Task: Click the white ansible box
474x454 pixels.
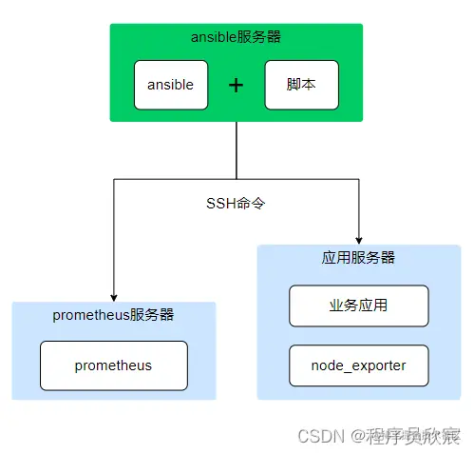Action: click(170, 85)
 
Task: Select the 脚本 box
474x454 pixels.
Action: click(300, 85)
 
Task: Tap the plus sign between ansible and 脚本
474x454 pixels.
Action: click(236, 85)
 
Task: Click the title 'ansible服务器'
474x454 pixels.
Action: click(236, 37)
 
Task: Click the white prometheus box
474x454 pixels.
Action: click(113, 365)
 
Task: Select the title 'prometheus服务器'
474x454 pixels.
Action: click(113, 315)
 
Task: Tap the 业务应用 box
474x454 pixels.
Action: click(358, 306)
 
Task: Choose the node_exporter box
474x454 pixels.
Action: click(358, 365)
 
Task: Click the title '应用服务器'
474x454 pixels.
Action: click(358, 258)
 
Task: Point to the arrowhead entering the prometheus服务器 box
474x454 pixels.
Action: click(113, 296)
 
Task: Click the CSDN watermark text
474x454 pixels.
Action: click(318, 435)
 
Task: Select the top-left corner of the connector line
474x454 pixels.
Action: click(113, 178)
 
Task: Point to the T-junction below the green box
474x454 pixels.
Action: click(236, 178)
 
